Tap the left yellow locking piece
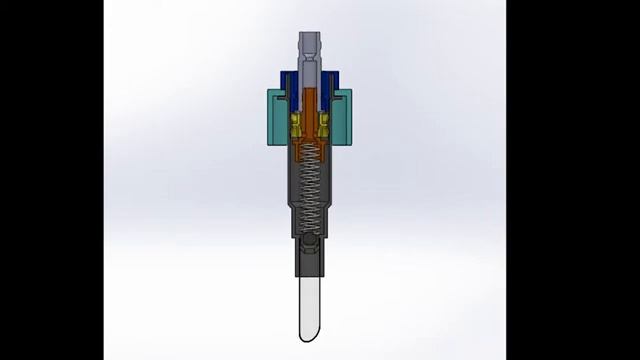[x=296, y=128]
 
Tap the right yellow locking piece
[x=326, y=128]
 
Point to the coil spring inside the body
[x=311, y=190]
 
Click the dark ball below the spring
[x=311, y=246]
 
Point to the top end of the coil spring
[x=311, y=148]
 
